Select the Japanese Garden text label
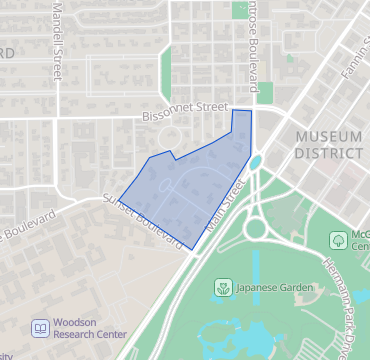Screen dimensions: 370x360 (272, 289)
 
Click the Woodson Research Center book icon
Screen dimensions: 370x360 (40, 327)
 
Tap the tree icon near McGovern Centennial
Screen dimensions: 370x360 (338, 239)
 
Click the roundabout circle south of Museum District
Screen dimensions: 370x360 (256, 228)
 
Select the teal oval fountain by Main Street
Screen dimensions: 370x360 (255, 161)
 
